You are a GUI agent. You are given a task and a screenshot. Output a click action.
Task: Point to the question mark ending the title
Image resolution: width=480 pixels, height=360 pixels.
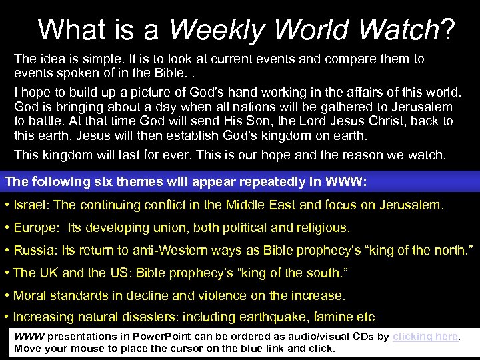coord(448,29)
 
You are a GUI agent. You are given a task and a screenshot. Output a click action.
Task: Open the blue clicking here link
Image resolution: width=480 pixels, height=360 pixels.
coord(425,337)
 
